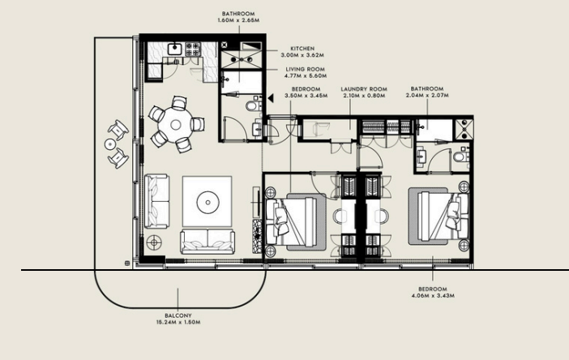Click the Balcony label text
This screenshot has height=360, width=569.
pyautogui.click(x=178, y=315)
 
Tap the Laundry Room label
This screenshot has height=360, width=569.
pyautogui.click(x=364, y=89)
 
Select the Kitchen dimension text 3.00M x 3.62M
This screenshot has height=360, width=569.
pyautogui.click(x=302, y=55)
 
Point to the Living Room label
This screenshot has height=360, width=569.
pyautogui.click(x=306, y=69)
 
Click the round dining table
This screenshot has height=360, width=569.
pyautogui.click(x=176, y=125)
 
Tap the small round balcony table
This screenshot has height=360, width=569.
pyautogui.click(x=110, y=144)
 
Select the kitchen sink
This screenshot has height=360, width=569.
pyautogui.click(x=174, y=49)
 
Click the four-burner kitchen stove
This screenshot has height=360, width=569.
pyautogui.click(x=193, y=49)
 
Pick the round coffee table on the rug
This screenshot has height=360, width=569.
pyautogui.click(x=208, y=203)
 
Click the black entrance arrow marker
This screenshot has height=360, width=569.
pyautogui.click(x=271, y=97)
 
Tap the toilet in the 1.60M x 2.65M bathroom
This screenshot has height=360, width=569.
pyautogui.click(x=253, y=106)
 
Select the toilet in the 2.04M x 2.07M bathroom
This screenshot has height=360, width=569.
pyautogui.click(x=460, y=157)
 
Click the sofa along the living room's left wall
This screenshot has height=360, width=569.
pyautogui.click(x=156, y=201)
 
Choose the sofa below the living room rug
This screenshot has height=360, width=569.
pyautogui.click(x=207, y=242)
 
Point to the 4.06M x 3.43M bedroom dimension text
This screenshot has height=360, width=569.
pyautogui.click(x=433, y=296)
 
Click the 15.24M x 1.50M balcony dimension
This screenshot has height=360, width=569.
pyautogui.click(x=178, y=322)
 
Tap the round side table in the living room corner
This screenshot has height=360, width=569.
pyautogui.click(x=154, y=242)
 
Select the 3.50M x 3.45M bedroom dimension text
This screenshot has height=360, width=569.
pyautogui.click(x=306, y=96)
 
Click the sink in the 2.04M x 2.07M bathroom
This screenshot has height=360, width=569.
pyautogui.click(x=421, y=156)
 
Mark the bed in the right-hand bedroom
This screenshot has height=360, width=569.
pyautogui.click(x=438, y=216)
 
